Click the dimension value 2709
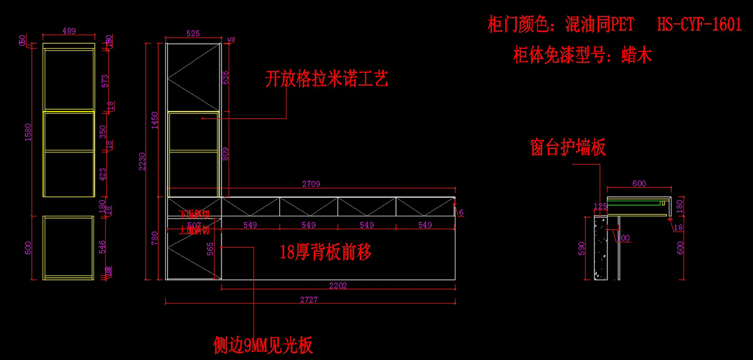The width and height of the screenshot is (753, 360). click(311, 184)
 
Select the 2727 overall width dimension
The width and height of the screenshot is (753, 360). click(309, 300)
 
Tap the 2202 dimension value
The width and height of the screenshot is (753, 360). click(338, 285)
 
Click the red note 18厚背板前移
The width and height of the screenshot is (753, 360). click(326, 252)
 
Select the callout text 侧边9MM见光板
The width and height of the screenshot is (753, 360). click(263, 345)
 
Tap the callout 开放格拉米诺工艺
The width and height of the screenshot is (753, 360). click(327, 79)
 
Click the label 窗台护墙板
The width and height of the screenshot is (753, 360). click(568, 147)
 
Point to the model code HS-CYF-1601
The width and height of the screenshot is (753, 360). click(699, 25)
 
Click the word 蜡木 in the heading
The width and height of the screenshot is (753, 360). click(636, 55)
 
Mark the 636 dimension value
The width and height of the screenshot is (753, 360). click(226, 78)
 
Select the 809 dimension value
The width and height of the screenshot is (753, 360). click(226, 154)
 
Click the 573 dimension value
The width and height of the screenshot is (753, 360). click(105, 82)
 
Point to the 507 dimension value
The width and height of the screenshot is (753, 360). click(194, 224)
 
